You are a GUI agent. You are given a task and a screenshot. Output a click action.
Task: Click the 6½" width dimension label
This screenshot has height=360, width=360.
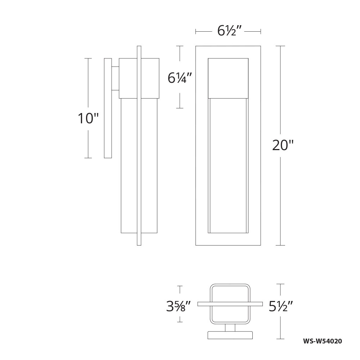pyautogui.click(x=229, y=31)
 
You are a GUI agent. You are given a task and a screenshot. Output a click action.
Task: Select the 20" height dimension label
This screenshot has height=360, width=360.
pyautogui.click(x=283, y=145)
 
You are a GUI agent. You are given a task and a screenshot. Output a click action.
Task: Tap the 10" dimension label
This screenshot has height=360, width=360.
pyautogui.click(x=88, y=118)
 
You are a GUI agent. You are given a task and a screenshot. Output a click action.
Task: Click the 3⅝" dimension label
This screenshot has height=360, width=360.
pyautogui.click(x=179, y=306)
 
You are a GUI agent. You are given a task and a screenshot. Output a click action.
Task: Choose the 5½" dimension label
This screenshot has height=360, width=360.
pyautogui.click(x=281, y=306)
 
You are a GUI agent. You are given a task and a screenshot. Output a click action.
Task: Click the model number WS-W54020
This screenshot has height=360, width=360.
pyautogui.click(x=323, y=341)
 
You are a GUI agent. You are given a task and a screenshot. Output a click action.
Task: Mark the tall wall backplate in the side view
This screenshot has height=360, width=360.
pyautogui.click(x=108, y=108)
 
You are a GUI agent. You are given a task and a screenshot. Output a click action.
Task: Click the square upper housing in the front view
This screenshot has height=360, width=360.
pyautogui.click(x=228, y=78)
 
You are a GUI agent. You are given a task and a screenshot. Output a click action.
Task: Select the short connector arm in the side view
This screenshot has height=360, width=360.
pyautogui.click(x=116, y=78)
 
